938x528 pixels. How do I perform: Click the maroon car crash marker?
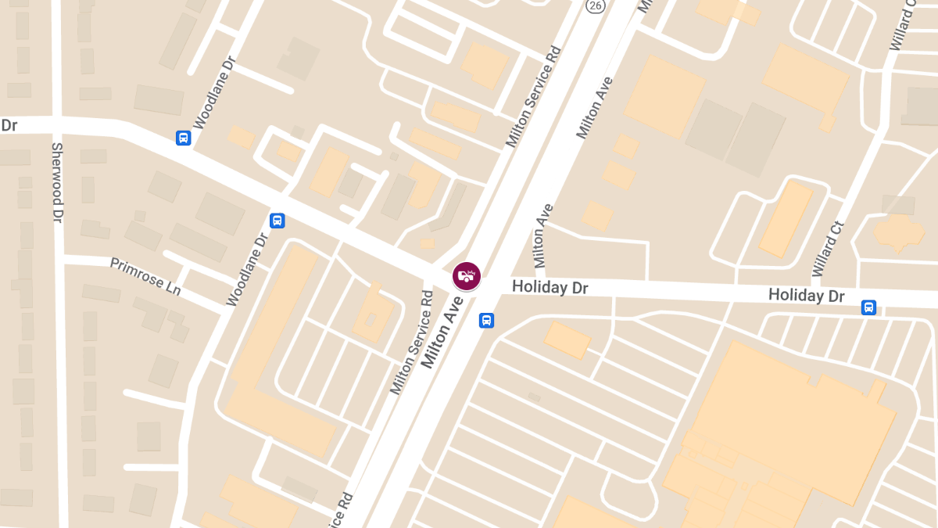click(x=467, y=276)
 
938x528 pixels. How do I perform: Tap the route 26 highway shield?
click(x=596, y=6)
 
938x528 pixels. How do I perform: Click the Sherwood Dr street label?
click(x=56, y=181)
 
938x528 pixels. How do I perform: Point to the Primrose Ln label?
click(x=145, y=276)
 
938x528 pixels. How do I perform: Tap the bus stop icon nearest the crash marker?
click(x=486, y=320)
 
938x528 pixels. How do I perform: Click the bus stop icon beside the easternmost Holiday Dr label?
click(x=868, y=307)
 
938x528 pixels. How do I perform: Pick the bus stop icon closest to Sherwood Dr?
click(x=183, y=138)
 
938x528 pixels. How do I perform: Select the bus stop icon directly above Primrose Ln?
click(x=277, y=221)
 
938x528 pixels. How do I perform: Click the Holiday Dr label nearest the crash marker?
click(x=550, y=288)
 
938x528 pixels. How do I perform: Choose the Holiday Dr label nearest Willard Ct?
click(x=807, y=295)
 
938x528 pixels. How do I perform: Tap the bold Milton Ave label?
click(x=443, y=335)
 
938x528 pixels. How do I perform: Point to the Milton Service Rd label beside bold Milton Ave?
click(x=411, y=343)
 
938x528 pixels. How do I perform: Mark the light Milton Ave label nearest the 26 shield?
click(x=595, y=107)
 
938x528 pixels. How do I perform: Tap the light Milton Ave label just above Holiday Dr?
click(x=544, y=235)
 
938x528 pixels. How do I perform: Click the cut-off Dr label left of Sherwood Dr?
click(x=9, y=125)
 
